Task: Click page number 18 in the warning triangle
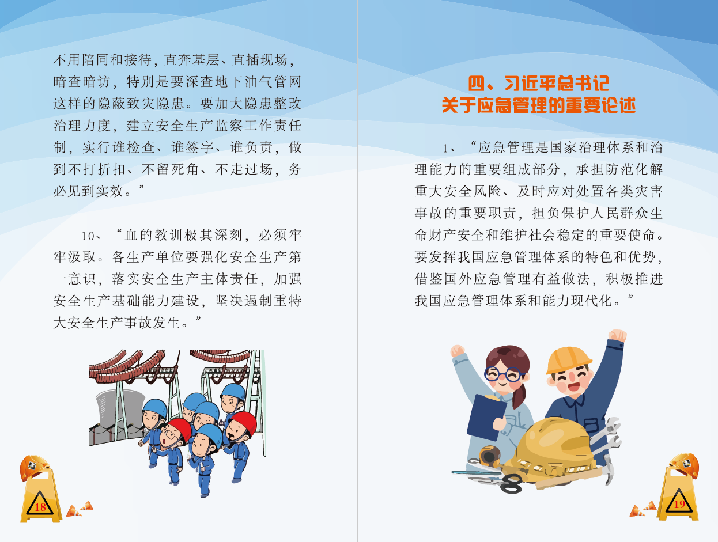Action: pos(40,507)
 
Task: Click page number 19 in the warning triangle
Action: pos(679,505)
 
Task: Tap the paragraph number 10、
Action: pos(91,236)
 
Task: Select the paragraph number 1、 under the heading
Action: pos(449,149)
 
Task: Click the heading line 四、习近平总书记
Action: pos(538,84)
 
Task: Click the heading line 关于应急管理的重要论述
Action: pos(538,105)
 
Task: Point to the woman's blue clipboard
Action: pos(486,417)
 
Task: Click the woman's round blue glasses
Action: pos(504,374)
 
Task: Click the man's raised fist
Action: pos(617,336)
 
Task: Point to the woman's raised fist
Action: pos(458,351)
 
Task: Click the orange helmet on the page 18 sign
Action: pos(35,467)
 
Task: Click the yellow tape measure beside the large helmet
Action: pos(490,456)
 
